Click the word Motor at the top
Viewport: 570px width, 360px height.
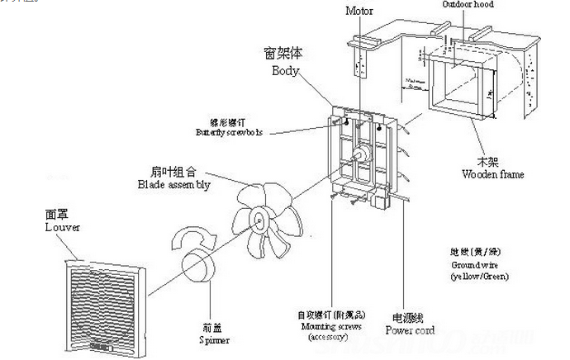pyautogui.click(x=359, y=12)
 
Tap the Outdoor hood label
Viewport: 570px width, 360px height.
pyautogui.click(x=467, y=5)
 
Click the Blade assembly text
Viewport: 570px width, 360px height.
pyautogui.click(x=173, y=186)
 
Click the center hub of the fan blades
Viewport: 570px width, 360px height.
pyautogui.click(x=259, y=219)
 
